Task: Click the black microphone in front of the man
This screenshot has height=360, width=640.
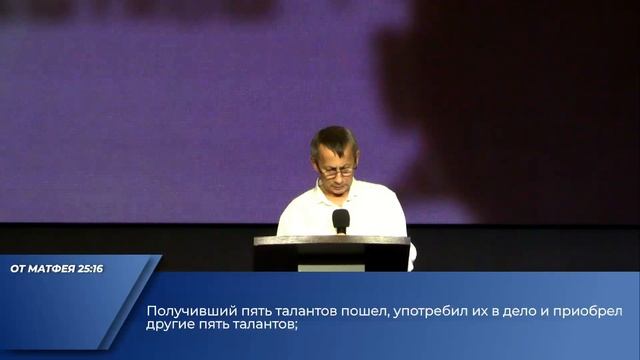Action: click(x=341, y=219)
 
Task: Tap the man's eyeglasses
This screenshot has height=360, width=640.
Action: click(x=335, y=171)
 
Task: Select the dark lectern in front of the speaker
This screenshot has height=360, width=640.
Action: click(x=331, y=253)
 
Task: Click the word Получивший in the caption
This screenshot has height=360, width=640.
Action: click(x=188, y=311)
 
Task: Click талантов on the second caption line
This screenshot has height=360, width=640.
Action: click(x=265, y=324)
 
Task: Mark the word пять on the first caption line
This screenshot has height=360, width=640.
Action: click(x=250, y=311)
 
